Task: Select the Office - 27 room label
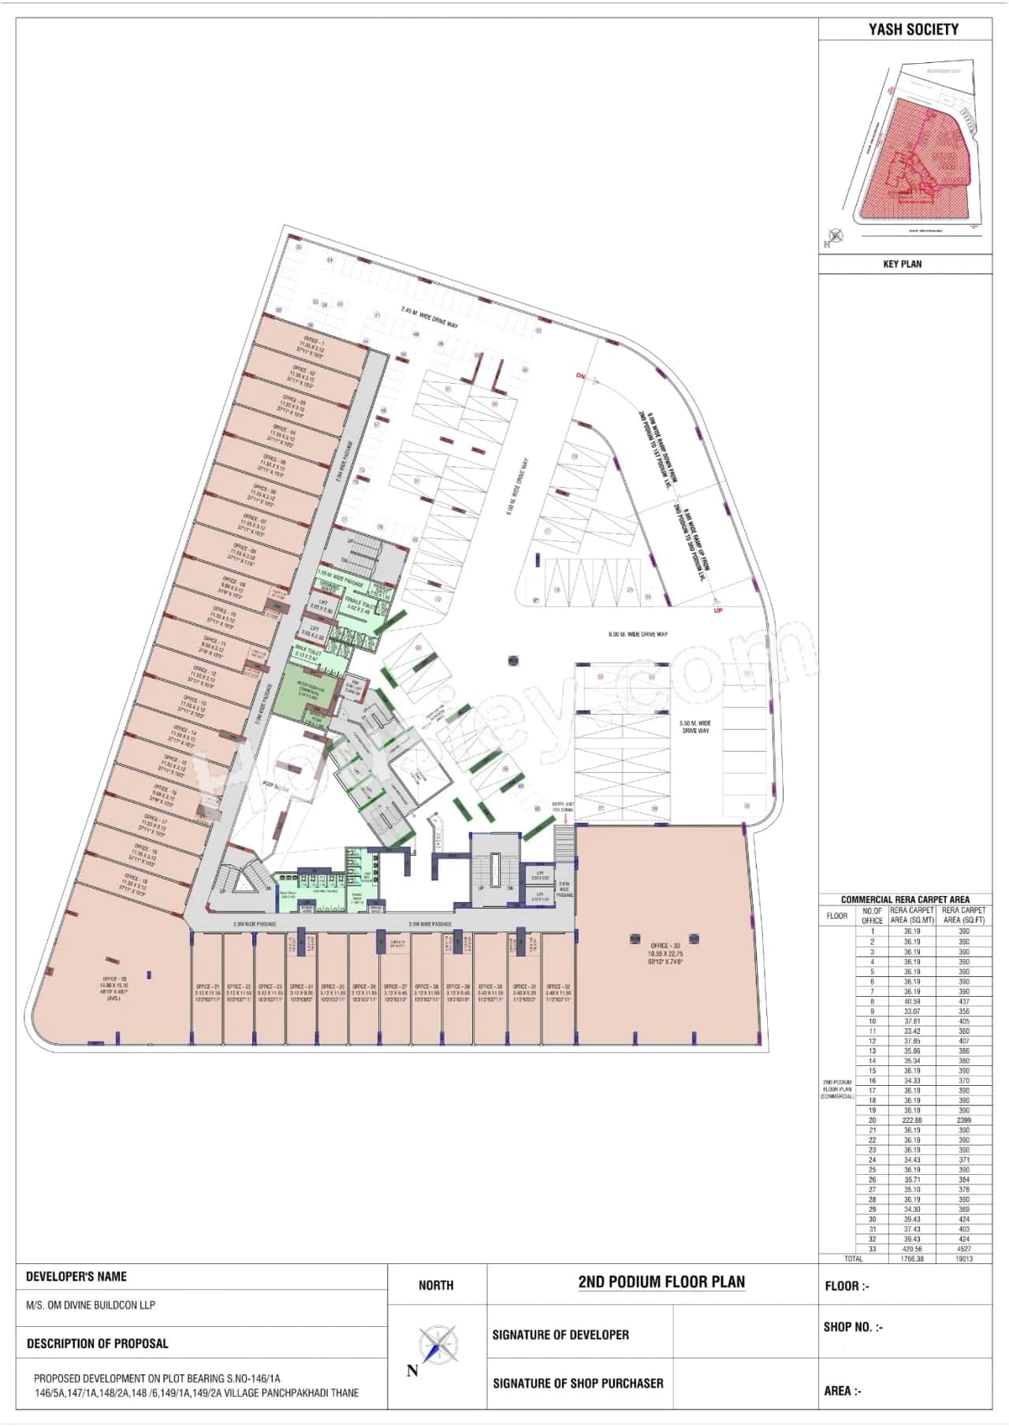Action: pyautogui.click(x=395, y=987)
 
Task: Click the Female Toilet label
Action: pyautogui.click(x=358, y=600)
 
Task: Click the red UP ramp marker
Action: pyautogui.click(x=717, y=611)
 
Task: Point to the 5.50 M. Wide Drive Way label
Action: pyautogui.click(x=695, y=727)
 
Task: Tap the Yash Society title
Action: pyautogui.click(x=914, y=30)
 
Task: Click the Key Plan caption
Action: pyautogui.click(x=903, y=264)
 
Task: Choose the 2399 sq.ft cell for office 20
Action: pyautogui.click(x=963, y=1120)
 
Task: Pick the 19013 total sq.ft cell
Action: pyautogui.click(x=963, y=1258)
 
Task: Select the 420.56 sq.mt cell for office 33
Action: pyautogui.click(x=912, y=1249)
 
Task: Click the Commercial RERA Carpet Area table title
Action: pyautogui.click(x=905, y=899)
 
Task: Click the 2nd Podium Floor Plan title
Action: pyautogui.click(x=661, y=1281)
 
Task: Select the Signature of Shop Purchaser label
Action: pyautogui.click(x=578, y=1383)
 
